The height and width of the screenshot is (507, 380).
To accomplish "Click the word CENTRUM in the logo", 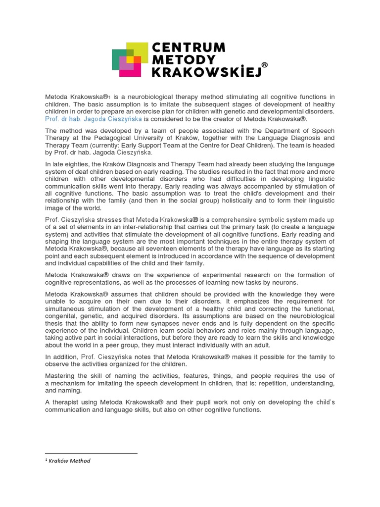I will (x=189, y=48).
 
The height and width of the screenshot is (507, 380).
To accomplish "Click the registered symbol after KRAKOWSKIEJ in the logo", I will (x=265, y=65).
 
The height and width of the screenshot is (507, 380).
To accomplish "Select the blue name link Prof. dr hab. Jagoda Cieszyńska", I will (x=93, y=119).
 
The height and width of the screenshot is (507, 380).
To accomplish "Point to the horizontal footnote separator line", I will (x=91, y=453).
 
